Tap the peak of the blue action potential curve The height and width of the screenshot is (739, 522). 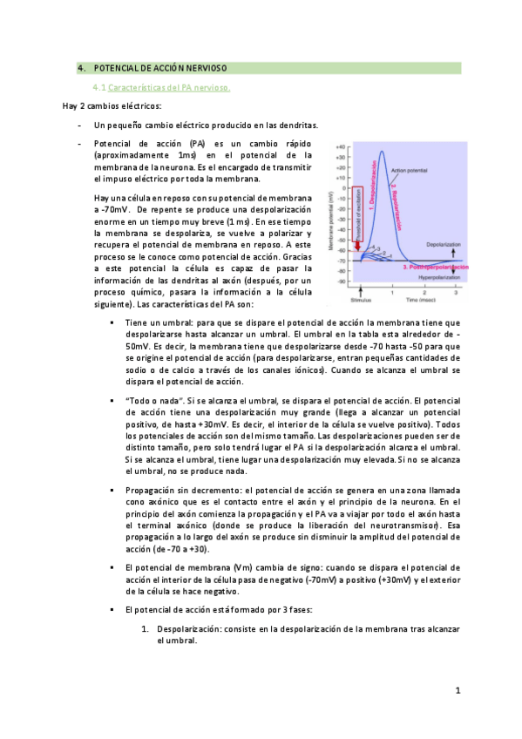(x=381, y=152)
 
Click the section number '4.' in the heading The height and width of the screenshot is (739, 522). (x=81, y=68)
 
